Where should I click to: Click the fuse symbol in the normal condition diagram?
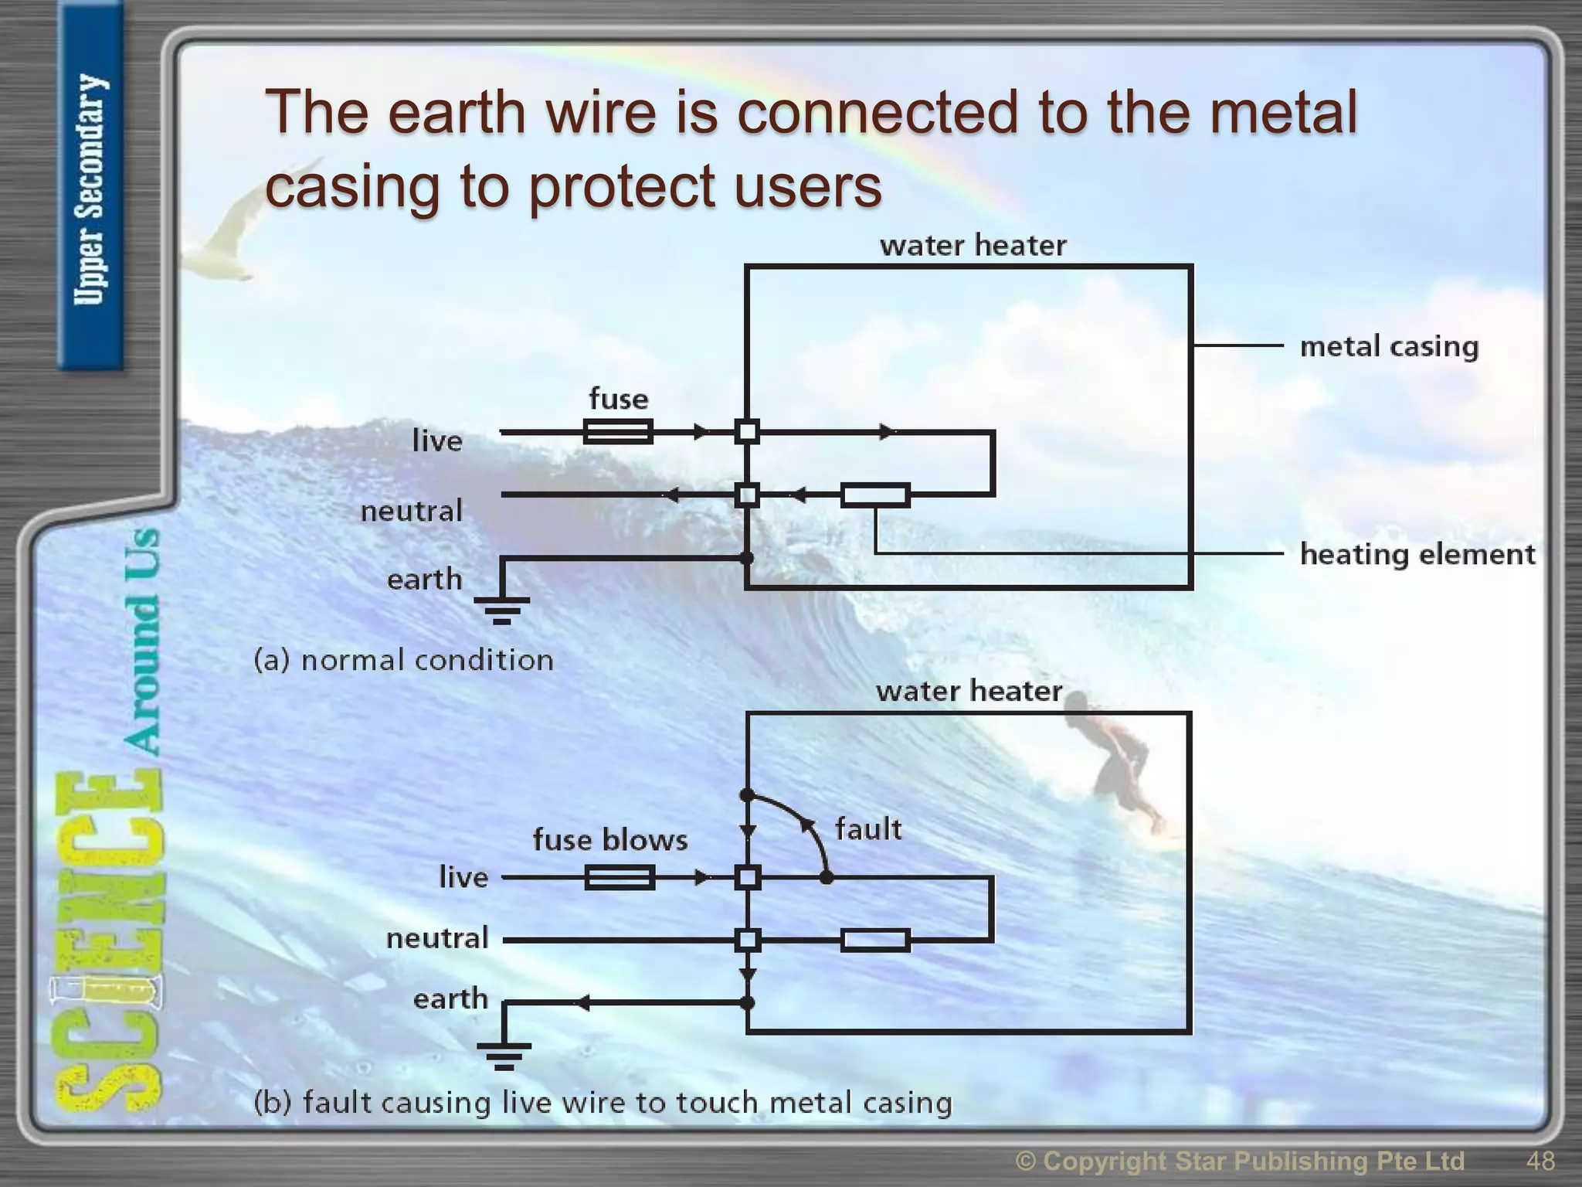click(x=618, y=431)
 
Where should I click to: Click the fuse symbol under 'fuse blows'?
click(x=620, y=877)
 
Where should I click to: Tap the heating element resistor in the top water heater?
click(x=875, y=495)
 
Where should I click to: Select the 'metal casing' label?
click(x=1388, y=346)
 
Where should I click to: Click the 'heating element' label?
click(x=1417, y=554)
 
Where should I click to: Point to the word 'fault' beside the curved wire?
click(x=867, y=829)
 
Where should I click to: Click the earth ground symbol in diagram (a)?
click(x=501, y=610)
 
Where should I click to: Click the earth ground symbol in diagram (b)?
click(x=504, y=1055)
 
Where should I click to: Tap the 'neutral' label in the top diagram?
click(x=411, y=511)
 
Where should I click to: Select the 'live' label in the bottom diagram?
click(x=463, y=877)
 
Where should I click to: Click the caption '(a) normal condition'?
click(x=403, y=660)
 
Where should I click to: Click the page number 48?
click(x=1540, y=1161)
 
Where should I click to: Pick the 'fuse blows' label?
click(x=609, y=840)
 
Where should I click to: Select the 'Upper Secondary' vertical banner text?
click(x=90, y=189)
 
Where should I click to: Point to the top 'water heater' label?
click(x=973, y=246)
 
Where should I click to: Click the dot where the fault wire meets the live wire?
click(x=826, y=878)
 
